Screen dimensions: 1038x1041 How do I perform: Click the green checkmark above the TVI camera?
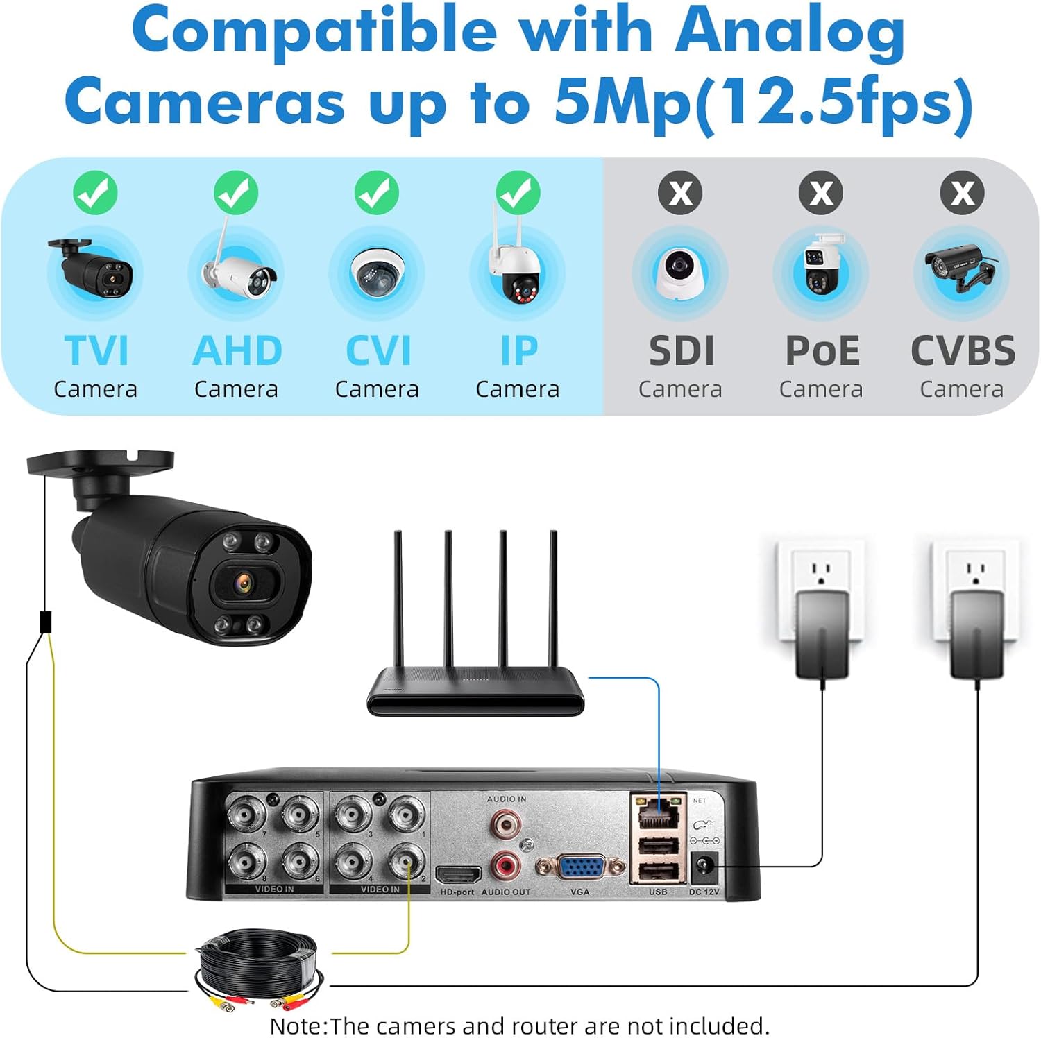click(x=95, y=193)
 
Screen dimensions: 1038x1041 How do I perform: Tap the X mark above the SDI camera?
click(x=680, y=193)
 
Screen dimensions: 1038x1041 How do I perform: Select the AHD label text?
click(x=237, y=350)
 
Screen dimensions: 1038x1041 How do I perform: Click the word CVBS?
click(x=962, y=350)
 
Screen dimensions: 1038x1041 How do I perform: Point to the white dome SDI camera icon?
click(x=679, y=273)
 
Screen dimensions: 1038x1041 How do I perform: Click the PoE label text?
click(x=822, y=350)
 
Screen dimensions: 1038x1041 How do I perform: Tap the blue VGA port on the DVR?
click(x=580, y=868)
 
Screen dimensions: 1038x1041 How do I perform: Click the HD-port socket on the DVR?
click(x=458, y=874)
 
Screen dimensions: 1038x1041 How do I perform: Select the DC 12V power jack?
click(x=704, y=866)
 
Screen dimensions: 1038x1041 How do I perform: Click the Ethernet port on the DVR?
click(x=657, y=812)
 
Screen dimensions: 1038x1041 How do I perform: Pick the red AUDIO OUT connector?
click(x=506, y=865)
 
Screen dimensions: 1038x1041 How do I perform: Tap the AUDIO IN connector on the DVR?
click(x=506, y=824)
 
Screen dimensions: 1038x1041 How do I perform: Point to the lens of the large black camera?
click(x=244, y=582)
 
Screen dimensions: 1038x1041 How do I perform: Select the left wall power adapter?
click(x=822, y=633)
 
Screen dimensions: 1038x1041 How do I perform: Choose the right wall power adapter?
click(x=977, y=633)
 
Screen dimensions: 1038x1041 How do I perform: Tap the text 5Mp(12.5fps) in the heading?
click(x=763, y=103)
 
